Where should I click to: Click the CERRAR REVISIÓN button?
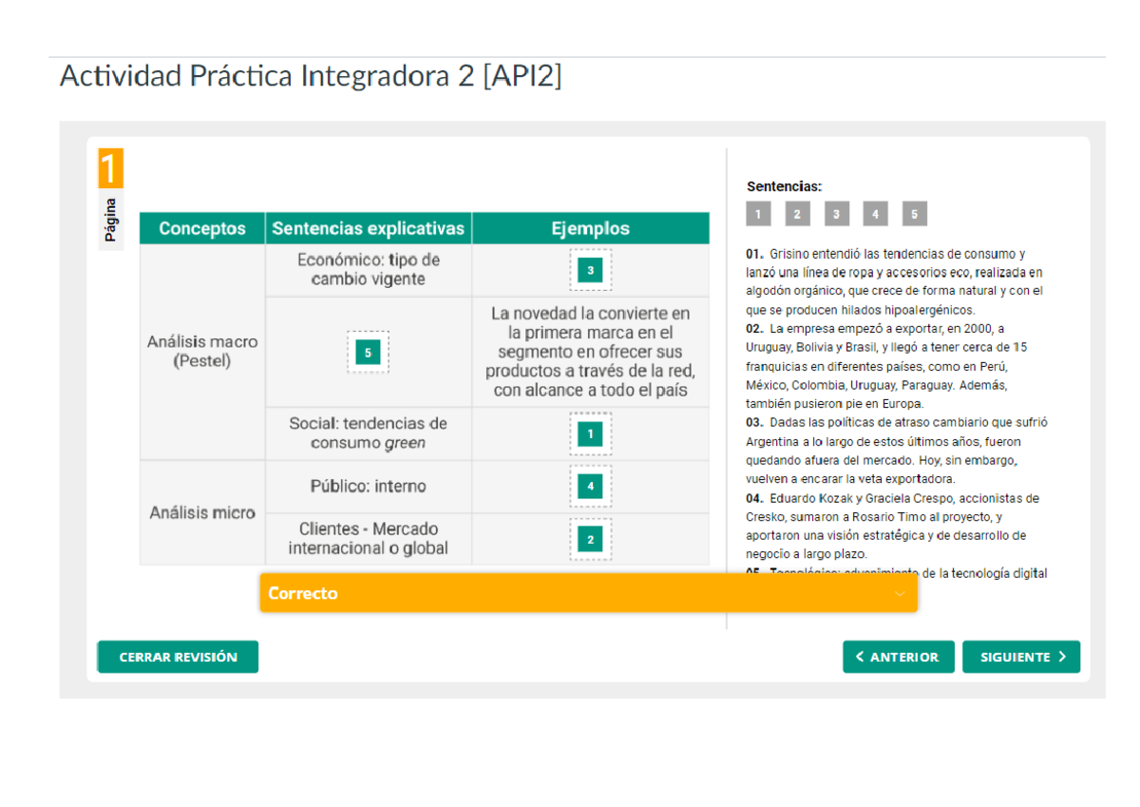(x=178, y=657)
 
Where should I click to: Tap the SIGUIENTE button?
(x=1021, y=657)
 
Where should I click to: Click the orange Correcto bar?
(x=588, y=593)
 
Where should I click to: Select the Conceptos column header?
(x=202, y=228)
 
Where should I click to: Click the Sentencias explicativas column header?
(x=369, y=228)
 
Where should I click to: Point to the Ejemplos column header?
(x=590, y=228)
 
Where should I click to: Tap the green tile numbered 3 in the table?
(x=590, y=271)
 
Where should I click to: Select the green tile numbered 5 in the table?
(x=368, y=353)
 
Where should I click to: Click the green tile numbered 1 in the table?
(x=590, y=434)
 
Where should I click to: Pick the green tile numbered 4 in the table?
(x=590, y=487)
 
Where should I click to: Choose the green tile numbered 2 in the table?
(x=590, y=540)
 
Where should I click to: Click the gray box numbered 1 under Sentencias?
(x=758, y=214)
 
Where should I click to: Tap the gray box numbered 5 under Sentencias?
(x=914, y=214)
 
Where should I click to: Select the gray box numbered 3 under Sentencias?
(x=836, y=214)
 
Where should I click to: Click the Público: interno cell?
(x=369, y=487)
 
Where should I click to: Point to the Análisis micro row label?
(x=202, y=513)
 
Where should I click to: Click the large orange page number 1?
(x=110, y=168)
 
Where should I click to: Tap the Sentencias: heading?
(x=784, y=186)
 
